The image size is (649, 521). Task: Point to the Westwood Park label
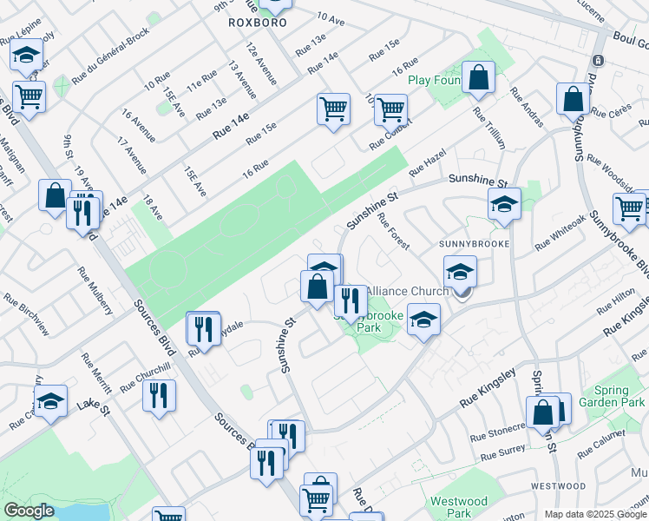pyautogui.click(x=459, y=507)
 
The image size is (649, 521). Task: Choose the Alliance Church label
pyautogui.click(x=408, y=291)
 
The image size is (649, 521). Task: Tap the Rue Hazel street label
pyautogui.click(x=427, y=162)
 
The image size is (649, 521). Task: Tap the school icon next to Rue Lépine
pyautogui.click(x=27, y=55)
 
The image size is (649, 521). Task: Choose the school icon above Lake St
pyautogui.click(x=50, y=401)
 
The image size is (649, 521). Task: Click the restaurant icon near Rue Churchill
pyautogui.click(x=160, y=396)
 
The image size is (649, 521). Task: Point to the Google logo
pyautogui.click(x=29, y=511)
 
